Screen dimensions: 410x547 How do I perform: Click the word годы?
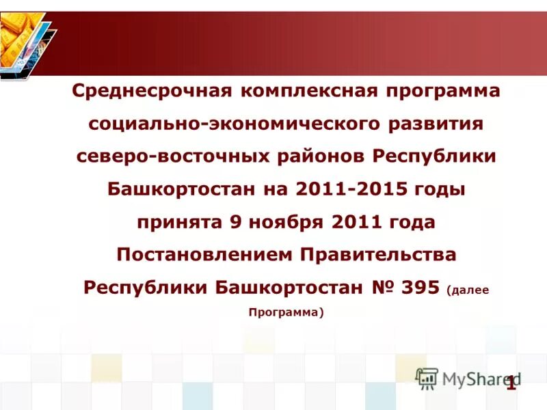[x=440, y=189]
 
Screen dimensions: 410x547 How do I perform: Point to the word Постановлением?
[x=205, y=255]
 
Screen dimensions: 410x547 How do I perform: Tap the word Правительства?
[x=379, y=255]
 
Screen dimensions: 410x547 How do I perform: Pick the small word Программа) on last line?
[x=286, y=312]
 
